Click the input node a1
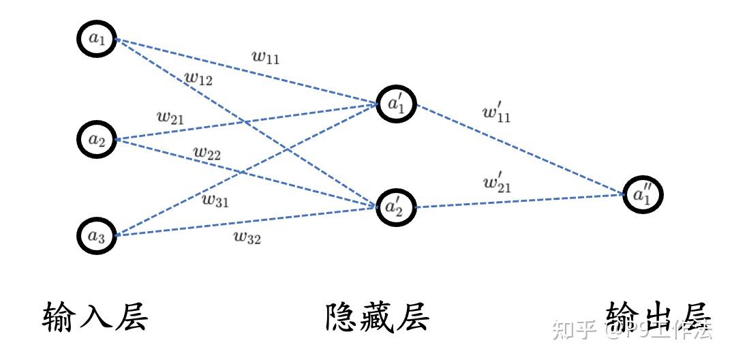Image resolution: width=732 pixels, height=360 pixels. [x=96, y=39]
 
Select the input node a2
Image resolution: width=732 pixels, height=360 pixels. [x=96, y=140]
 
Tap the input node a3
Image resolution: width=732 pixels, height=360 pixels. [x=96, y=235]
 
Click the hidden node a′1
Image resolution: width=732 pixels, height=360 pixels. [x=396, y=104]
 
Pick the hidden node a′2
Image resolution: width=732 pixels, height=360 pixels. [x=396, y=207]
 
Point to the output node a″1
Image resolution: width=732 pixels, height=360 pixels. [x=642, y=196]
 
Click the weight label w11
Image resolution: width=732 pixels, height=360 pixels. [x=266, y=57]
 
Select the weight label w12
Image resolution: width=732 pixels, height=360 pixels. [x=199, y=79]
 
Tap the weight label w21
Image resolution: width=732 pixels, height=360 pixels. [x=170, y=117]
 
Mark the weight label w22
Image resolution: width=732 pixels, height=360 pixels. [x=207, y=153]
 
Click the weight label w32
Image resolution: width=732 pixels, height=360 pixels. [x=247, y=238]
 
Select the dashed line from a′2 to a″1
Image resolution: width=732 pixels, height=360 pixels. [x=518, y=201]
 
